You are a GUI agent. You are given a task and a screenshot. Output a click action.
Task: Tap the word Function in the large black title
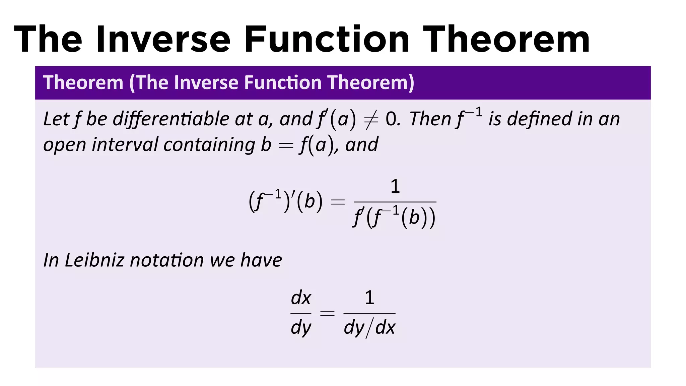click(327, 40)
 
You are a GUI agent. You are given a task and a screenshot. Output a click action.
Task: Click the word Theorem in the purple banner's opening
click(83, 82)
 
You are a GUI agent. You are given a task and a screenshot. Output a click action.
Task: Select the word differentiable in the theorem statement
click(171, 119)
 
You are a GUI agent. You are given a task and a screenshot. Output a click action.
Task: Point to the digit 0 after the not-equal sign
click(391, 119)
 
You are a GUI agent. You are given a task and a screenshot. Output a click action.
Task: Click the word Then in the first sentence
click(430, 119)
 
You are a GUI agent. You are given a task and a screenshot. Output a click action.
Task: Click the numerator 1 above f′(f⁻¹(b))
click(395, 186)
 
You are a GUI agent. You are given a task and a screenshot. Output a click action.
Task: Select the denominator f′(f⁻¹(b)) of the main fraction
click(394, 217)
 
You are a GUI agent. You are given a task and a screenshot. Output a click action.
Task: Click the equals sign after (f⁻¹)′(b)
click(338, 202)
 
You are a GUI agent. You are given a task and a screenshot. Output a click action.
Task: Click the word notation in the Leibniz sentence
click(167, 260)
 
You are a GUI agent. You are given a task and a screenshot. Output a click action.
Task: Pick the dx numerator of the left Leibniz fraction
click(301, 298)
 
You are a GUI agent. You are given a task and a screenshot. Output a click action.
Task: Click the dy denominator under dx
click(301, 327)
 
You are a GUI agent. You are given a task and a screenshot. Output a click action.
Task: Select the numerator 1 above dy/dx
click(369, 298)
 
